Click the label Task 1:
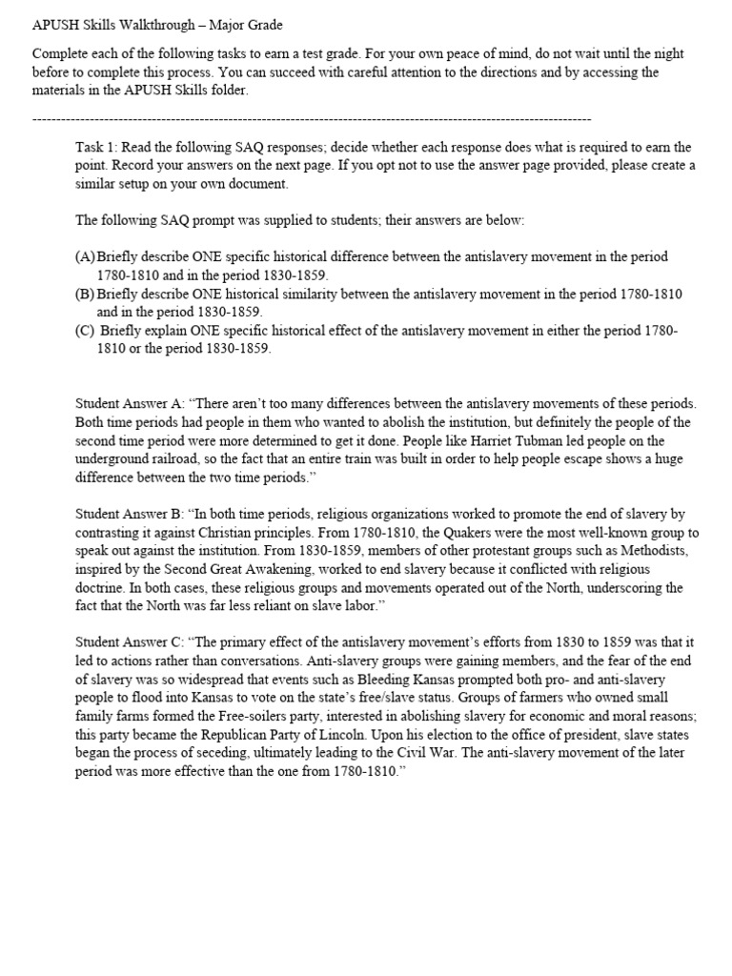pos(96,148)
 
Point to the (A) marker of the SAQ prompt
pos(85,257)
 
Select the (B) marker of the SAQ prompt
pos(85,294)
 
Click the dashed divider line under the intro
pos(311,119)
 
